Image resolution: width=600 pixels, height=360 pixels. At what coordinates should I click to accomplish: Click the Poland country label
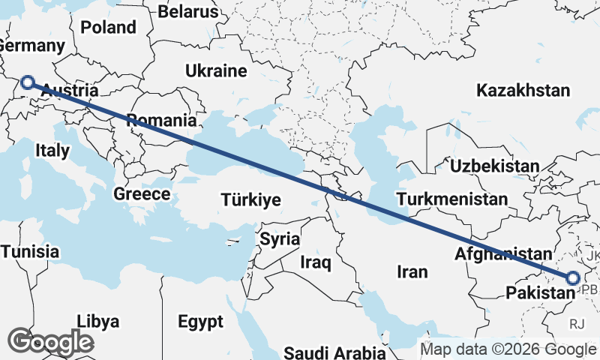point(109,28)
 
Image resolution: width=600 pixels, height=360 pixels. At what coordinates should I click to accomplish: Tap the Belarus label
point(188,12)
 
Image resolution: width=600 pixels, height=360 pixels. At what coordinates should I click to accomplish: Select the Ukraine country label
point(216,71)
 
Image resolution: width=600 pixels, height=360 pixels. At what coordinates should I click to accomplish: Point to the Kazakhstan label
point(523,91)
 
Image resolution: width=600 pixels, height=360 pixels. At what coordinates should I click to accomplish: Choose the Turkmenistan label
point(452,199)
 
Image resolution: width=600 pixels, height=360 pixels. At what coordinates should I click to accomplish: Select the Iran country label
point(412,271)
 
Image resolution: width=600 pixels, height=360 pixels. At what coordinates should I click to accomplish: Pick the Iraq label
point(316,262)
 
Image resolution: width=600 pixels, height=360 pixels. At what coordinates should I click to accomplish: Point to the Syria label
point(279,240)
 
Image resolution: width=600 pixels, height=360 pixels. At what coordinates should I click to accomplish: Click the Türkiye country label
point(250,199)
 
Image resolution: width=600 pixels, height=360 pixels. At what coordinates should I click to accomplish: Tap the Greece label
point(142,194)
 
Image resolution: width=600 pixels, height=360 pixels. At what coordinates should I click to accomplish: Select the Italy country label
point(52,150)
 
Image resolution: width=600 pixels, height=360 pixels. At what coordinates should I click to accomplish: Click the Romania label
point(162,120)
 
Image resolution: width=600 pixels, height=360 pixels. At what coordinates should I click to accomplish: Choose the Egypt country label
point(201,322)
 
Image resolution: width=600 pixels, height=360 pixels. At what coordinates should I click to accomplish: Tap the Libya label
point(97,322)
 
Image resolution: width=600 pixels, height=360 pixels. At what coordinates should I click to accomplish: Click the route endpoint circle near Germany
point(28,82)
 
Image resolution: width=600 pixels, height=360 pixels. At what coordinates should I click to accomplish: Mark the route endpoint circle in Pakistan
point(572,278)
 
